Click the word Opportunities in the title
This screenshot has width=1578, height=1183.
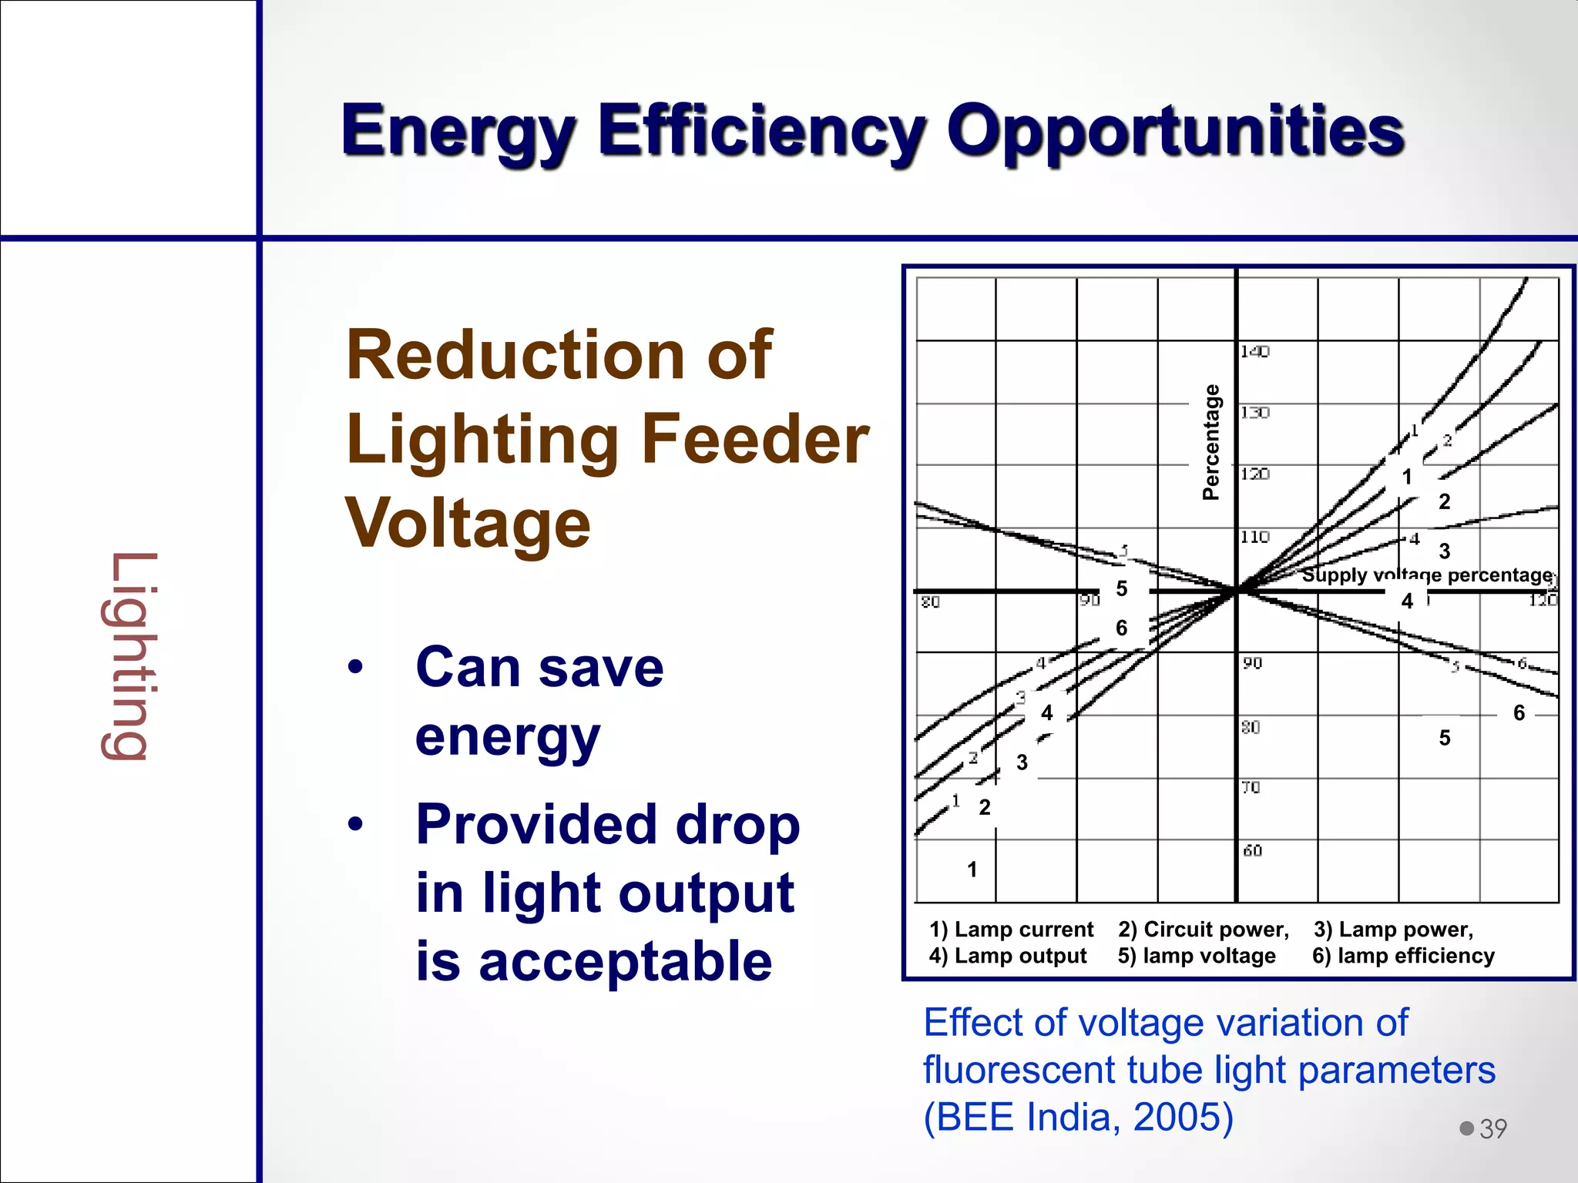pos(1175,131)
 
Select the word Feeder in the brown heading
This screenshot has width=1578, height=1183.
pos(754,439)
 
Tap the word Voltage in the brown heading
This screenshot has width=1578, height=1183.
pos(468,523)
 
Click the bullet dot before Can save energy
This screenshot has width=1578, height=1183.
pos(355,667)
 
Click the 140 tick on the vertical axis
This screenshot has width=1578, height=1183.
pos(1254,351)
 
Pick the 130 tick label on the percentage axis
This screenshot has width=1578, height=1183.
pos(1254,413)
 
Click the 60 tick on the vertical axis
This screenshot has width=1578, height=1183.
pos(1252,850)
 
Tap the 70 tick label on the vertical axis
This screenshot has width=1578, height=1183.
pos(1251,787)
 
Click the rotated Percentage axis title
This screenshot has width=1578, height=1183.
pos(1211,442)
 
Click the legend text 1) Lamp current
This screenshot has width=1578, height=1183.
pos(1011,930)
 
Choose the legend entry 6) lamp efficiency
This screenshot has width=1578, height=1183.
pos(1403,956)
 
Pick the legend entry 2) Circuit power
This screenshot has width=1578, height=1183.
pos(1203,930)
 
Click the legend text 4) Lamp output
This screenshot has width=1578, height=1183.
pos(1008,956)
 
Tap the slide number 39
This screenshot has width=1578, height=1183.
pos(1492,1129)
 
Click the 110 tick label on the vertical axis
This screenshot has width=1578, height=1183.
pos(1254,537)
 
